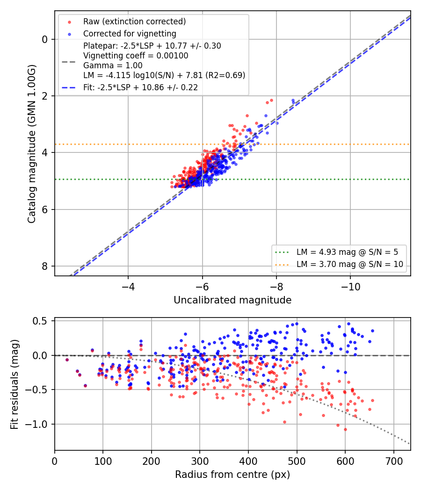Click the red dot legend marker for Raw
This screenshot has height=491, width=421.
[x=70, y=22]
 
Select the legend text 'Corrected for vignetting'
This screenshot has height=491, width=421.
[x=130, y=34]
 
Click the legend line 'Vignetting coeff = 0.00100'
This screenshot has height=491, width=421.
[x=136, y=56]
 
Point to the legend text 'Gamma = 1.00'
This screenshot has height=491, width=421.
[x=113, y=65]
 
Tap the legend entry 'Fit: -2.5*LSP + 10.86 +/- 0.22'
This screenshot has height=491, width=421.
[x=141, y=87]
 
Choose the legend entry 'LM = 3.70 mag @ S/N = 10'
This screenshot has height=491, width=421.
[x=350, y=264]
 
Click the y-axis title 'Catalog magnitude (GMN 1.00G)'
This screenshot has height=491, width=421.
[x=32, y=144]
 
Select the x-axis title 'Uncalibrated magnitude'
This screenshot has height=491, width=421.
[x=232, y=300]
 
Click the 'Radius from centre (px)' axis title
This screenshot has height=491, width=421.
[x=232, y=475]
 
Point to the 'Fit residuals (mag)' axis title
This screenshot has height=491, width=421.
[x=15, y=384]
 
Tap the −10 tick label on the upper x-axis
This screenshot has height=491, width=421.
[x=350, y=287]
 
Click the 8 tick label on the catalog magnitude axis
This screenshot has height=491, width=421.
[x=44, y=266]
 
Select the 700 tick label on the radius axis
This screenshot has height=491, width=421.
[x=393, y=461]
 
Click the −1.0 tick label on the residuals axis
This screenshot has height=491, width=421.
[x=36, y=424]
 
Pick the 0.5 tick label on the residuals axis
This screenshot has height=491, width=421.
[x=40, y=321]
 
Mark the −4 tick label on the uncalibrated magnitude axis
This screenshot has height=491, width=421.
[x=128, y=287]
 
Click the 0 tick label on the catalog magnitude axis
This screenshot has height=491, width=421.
[x=44, y=39]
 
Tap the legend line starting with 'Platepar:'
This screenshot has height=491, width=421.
[x=152, y=46]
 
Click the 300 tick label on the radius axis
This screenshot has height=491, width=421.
[x=200, y=461]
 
